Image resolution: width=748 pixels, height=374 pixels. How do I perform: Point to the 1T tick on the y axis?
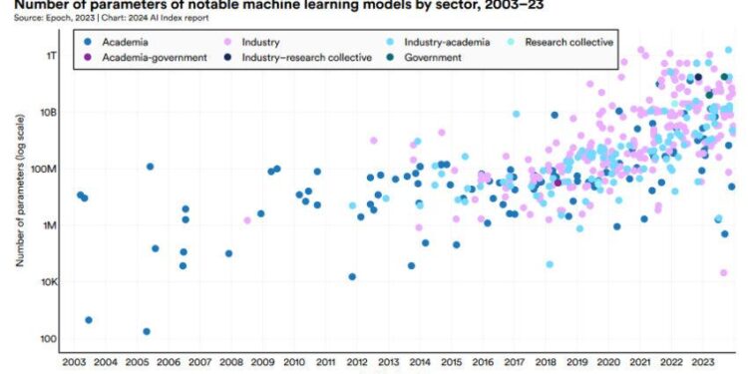pyautogui.click(x=49, y=56)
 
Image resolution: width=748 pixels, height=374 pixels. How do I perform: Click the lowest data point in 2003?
pyautogui.click(x=89, y=320)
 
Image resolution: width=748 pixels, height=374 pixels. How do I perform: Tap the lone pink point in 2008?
pyautogui.click(x=247, y=220)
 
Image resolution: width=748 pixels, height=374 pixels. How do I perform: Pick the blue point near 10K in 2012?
pyautogui.click(x=352, y=277)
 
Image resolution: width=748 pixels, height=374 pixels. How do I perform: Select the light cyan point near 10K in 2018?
pyautogui.click(x=550, y=264)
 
